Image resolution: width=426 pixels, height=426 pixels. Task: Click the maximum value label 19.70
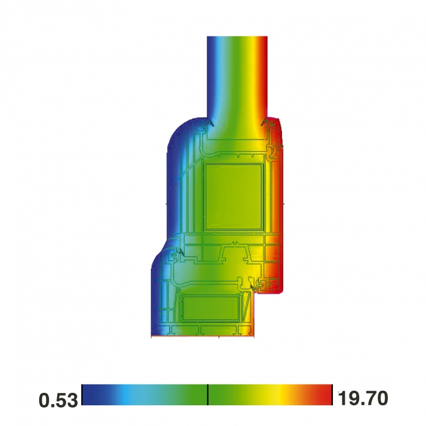362,399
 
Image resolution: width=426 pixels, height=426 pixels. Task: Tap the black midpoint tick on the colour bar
208,395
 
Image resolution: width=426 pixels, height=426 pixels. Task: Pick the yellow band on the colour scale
277,395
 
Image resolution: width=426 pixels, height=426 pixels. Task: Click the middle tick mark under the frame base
219,337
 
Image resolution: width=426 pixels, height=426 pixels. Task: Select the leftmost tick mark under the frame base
152,337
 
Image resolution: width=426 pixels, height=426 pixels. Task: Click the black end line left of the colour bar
82,395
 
